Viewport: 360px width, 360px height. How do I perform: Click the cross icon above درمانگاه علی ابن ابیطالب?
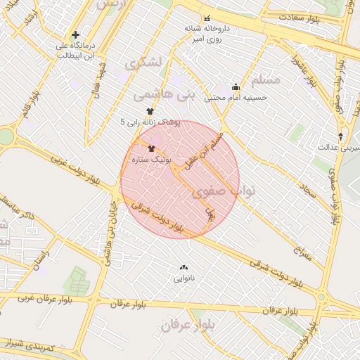(x=75, y=34)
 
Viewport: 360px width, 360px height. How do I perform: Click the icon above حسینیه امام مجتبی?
(x=235, y=87)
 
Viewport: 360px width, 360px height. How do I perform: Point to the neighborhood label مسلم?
(x=264, y=79)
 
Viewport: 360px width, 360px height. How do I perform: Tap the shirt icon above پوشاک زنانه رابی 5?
(x=149, y=111)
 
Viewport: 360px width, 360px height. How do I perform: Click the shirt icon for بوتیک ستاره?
(x=151, y=148)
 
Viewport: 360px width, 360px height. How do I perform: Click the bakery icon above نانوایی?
(x=184, y=267)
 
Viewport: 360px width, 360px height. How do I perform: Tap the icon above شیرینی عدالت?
(x=341, y=136)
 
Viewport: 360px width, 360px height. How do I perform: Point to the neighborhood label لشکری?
(x=143, y=63)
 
